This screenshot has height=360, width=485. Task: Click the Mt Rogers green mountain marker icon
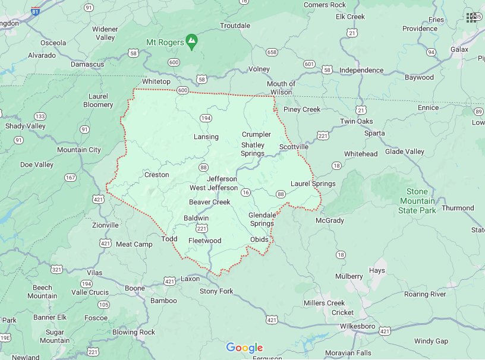(x=191, y=42)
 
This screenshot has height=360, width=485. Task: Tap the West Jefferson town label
(x=213, y=188)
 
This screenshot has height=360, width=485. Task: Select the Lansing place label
(x=206, y=137)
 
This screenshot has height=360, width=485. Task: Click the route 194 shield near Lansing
(x=206, y=118)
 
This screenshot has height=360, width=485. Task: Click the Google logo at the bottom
(x=244, y=348)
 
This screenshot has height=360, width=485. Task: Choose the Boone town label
(x=135, y=289)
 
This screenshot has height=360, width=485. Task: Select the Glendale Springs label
(x=262, y=219)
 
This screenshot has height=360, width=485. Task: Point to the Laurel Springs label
(x=313, y=184)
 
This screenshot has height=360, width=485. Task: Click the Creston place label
(x=156, y=175)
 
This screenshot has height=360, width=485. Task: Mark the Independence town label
(x=361, y=70)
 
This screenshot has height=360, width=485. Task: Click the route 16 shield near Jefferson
(x=245, y=192)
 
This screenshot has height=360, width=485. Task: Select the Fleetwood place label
(x=204, y=241)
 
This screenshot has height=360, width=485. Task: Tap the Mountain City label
(x=79, y=150)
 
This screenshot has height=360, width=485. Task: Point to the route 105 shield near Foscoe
(x=104, y=305)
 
